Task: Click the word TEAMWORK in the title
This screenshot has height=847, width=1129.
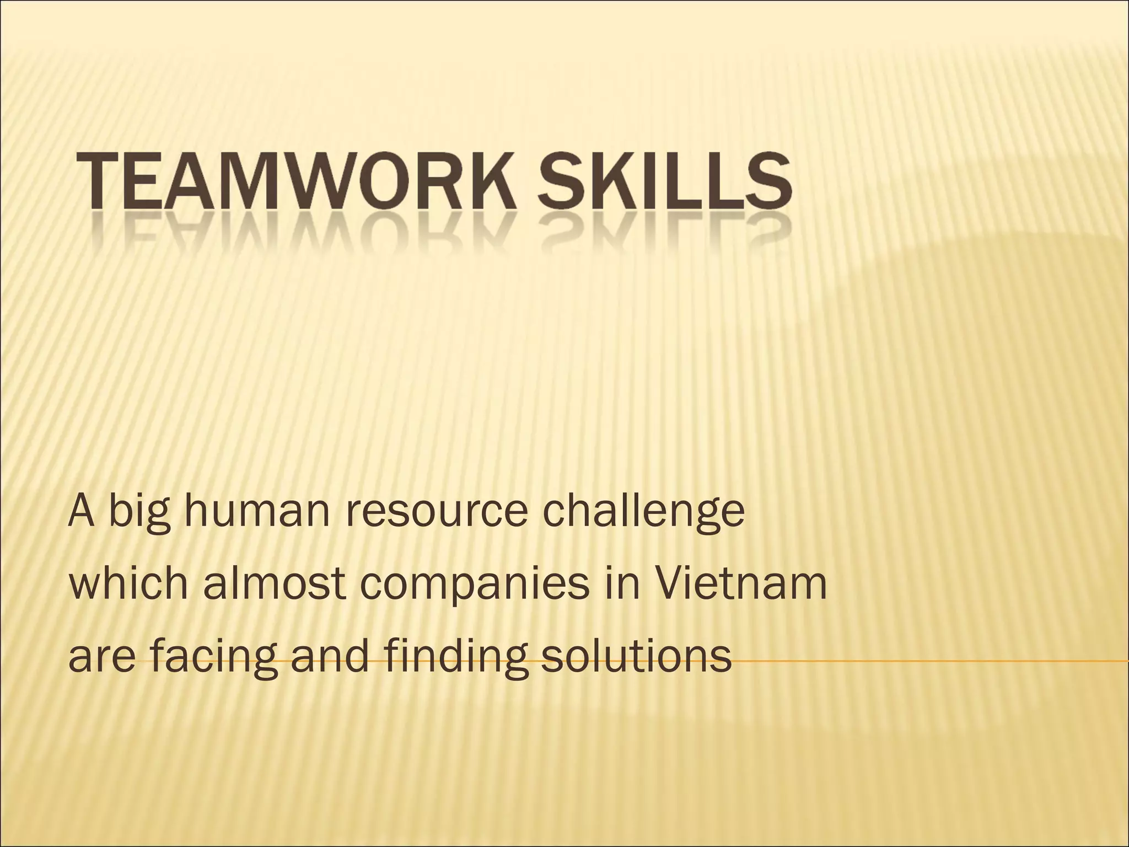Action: click(x=298, y=176)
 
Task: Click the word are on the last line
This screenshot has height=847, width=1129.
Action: click(x=102, y=658)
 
